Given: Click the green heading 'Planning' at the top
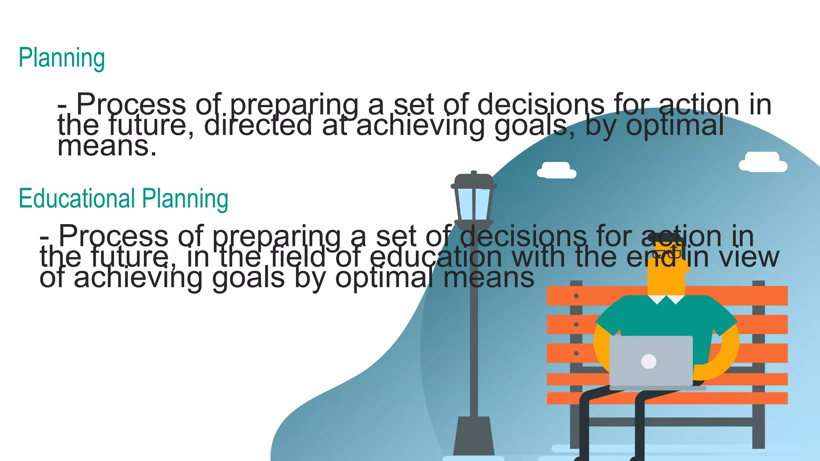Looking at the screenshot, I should click(x=62, y=58).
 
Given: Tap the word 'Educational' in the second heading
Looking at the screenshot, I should click(x=77, y=198).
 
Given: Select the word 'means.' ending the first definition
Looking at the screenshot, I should click(x=107, y=146).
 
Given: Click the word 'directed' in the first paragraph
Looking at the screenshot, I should click(x=258, y=125).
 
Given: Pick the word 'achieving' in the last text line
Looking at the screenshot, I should click(x=138, y=278).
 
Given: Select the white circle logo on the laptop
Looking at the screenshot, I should click(x=649, y=361).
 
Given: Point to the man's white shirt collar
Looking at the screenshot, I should click(x=666, y=299).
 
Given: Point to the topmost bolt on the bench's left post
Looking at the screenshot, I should click(x=576, y=296).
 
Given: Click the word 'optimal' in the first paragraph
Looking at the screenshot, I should click(x=675, y=125).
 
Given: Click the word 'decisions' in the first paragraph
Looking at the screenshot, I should click(x=541, y=104).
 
